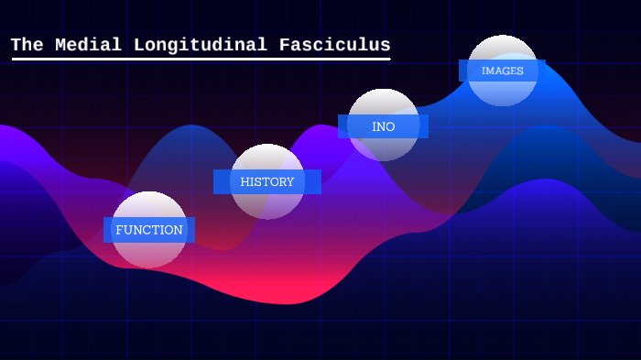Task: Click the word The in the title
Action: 27,45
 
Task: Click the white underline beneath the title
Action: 201,60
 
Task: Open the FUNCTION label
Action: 149,230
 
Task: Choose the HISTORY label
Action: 267,181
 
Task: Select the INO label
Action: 384,126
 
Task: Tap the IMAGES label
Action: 503,71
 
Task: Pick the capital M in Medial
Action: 61,45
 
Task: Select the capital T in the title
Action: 16,45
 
